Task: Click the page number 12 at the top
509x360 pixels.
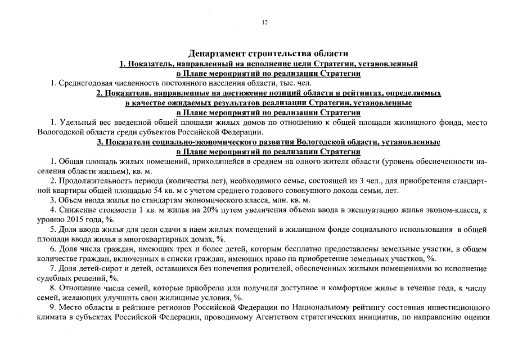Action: coord(264,22)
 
